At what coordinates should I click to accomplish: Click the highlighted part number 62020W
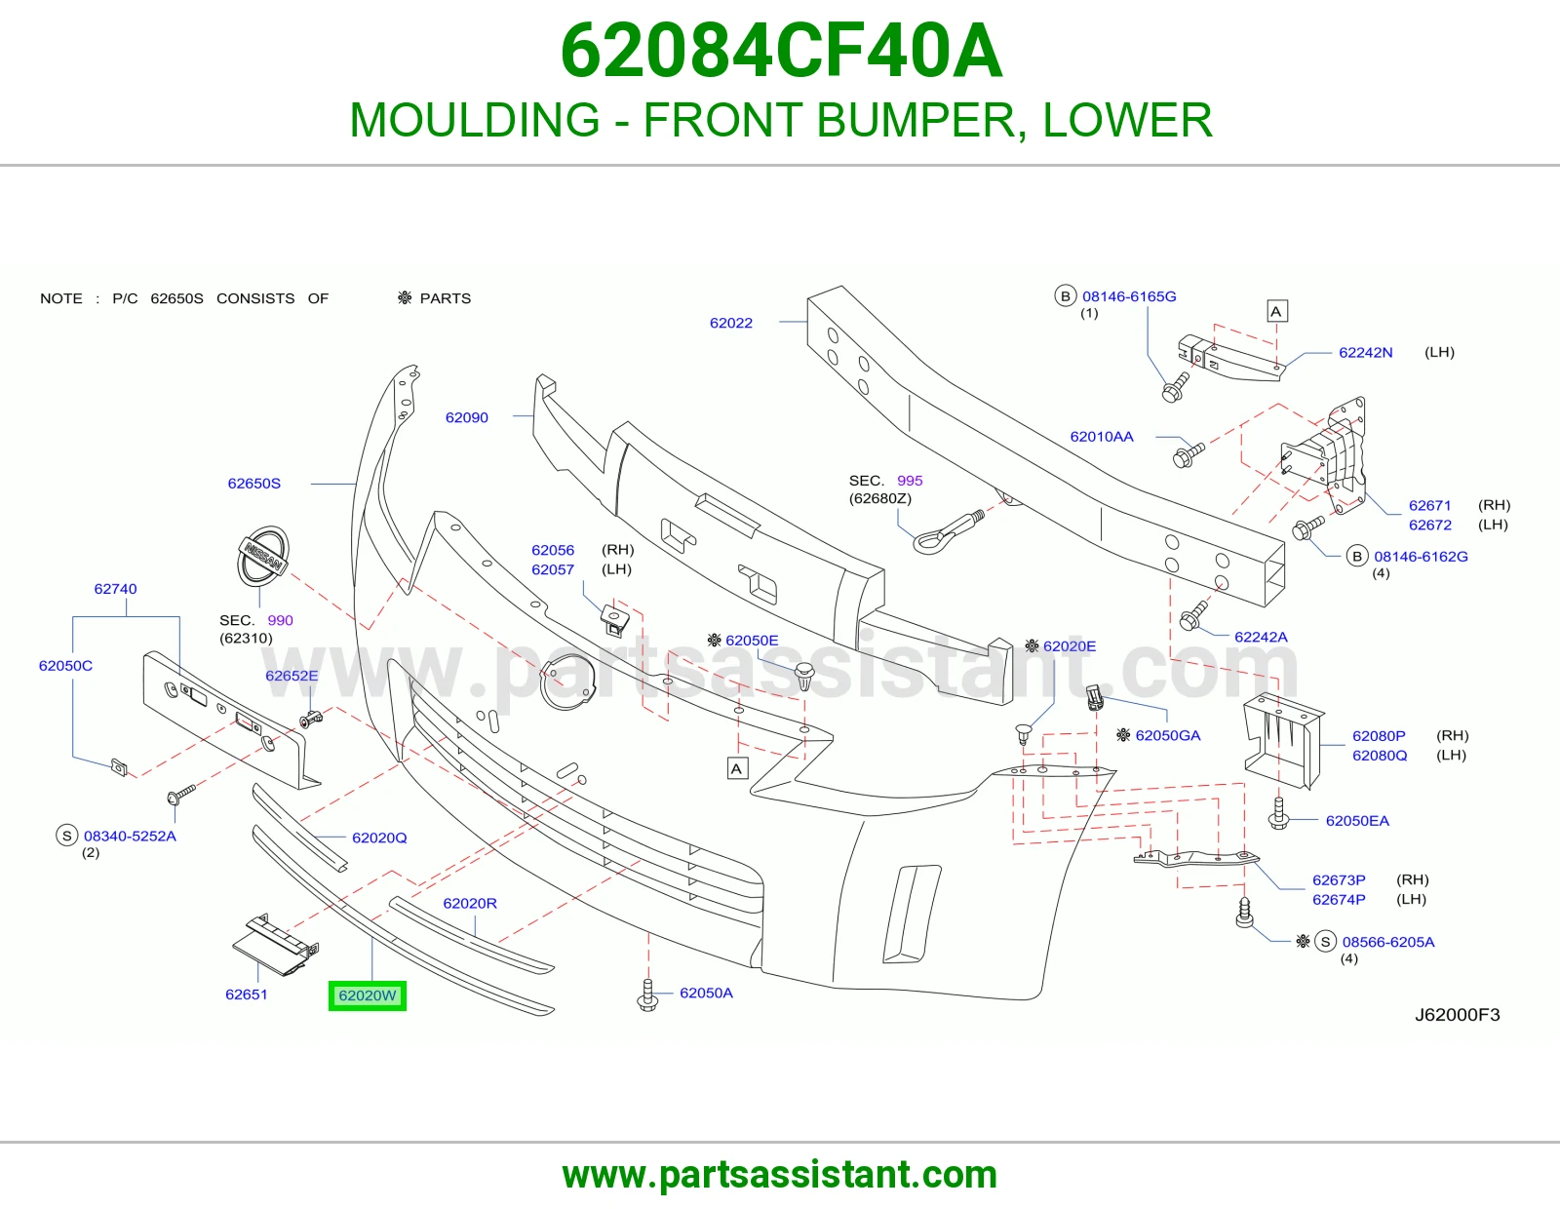(x=367, y=995)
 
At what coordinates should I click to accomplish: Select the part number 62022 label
(x=731, y=323)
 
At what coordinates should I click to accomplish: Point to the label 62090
(x=467, y=417)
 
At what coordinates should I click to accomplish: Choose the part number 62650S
(x=254, y=484)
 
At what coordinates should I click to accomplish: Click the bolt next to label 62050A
(x=647, y=995)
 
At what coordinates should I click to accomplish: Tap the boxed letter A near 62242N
(x=1275, y=311)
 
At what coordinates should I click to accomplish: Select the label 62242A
(x=1261, y=637)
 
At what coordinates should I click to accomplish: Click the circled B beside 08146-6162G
(x=1357, y=557)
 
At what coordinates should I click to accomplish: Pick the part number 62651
(x=247, y=994)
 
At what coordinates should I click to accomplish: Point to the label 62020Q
(x=379, y=838)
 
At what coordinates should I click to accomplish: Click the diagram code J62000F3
(x=1458, y=1014)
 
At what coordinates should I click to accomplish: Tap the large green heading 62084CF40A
(x=781, y=51)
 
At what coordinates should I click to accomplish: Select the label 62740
(x=116, y=589)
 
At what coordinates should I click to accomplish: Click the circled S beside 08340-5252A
(x=66, y=836)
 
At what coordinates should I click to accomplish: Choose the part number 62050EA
(x=1357, y=821)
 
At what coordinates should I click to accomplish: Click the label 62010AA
(x=1102, y=437)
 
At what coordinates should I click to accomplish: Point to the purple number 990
(x=280, y=620)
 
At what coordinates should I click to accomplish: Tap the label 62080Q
(x=1380, y=756)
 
